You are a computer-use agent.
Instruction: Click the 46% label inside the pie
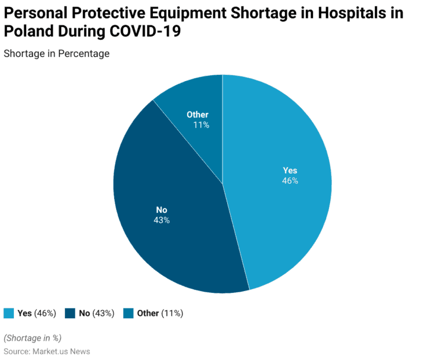tap(290, 181)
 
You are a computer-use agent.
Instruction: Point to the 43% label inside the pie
tap(162, 220)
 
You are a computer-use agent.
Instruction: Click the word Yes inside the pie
tap(290, 170)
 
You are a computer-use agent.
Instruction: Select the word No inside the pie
tap(162, 210)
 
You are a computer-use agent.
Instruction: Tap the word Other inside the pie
tap(198, 115)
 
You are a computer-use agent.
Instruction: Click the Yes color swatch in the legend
tap(9, 313)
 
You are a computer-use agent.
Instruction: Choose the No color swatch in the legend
tap(70, 313)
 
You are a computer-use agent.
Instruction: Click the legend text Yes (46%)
tap(37, 313)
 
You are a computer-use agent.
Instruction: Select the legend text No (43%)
tap(96, 313)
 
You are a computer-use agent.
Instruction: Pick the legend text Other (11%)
tap(160, 313)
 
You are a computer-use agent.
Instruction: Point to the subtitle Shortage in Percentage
tap(57, 53)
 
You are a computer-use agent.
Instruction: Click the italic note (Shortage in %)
tap(32, 338)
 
